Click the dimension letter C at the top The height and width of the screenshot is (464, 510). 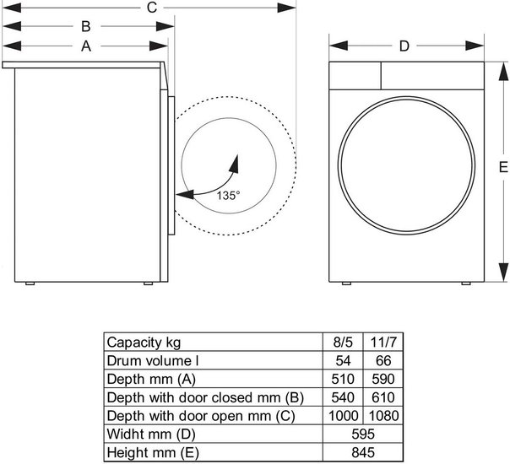(x=152, y=8)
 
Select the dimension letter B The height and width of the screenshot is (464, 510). (x=86, y=26)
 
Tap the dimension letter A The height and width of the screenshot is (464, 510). (x=86, y=46)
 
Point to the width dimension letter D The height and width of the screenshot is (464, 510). (x=404, y=46)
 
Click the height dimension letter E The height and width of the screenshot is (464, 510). (x=503, y=167)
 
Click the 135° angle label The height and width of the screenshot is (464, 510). (x=228, y=196)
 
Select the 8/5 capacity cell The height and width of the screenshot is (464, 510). (x=343, y=343)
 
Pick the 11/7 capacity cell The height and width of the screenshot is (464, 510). (x=383, y=343)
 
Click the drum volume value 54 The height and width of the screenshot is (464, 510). (x=343, y=361)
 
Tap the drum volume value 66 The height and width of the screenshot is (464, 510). (x=383, y=361)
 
